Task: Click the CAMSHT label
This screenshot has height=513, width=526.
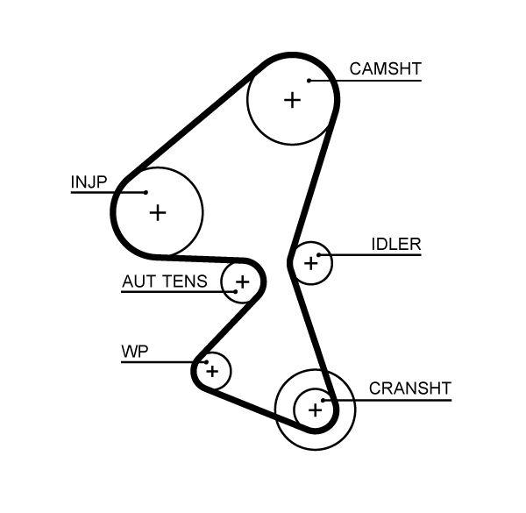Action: coord(385,68)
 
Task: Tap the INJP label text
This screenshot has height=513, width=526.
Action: coord(89,182)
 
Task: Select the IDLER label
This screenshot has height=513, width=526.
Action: coord(395,245)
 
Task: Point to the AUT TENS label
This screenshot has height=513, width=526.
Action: coord(164,281)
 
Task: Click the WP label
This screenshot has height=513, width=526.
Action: coord(134,352)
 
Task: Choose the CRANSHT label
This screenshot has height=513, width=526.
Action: coord(409,388)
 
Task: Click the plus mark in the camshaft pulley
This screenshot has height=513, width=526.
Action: coord(292,100)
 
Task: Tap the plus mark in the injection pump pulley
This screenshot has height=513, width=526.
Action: coord(158,211)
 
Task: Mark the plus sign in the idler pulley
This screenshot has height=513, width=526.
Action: coord(310,262)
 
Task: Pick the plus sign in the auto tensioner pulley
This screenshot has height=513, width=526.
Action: coord(242,281)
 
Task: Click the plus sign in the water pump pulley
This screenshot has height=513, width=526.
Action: coord(211,371)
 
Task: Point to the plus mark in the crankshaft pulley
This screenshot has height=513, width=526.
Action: coord(313,409)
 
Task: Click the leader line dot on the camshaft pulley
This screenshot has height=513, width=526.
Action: coord(309,82)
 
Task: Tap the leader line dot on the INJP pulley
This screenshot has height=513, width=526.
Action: coord(146,192)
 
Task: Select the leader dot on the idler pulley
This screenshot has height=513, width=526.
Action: coord(320,256)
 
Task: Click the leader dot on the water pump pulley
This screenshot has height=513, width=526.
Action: coord(204,361)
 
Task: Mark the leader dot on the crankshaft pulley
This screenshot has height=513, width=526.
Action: coord(323,401)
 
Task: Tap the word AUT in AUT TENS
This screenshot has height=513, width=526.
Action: coord(139,281)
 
